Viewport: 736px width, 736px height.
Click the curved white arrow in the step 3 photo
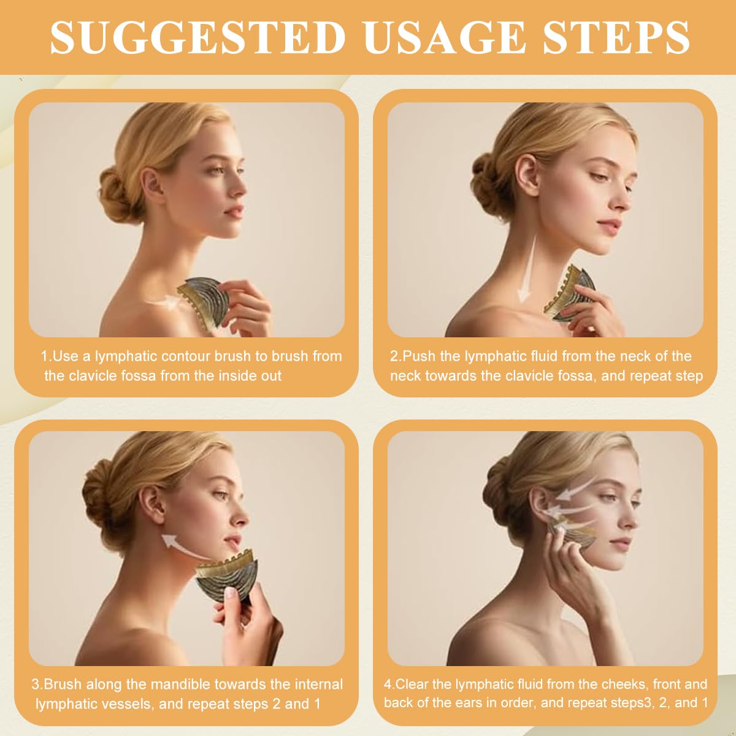[184, 546]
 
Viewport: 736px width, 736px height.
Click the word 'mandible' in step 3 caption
[185, 684]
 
